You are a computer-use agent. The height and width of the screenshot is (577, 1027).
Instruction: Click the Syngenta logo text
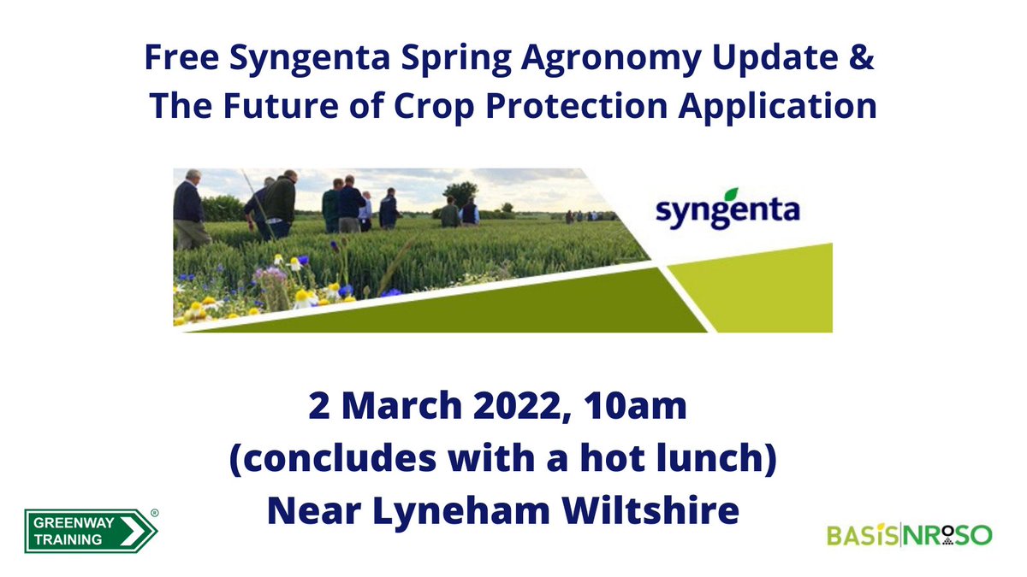(x=727, y=210)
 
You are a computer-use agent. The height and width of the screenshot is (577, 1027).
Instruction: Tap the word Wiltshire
(x=650, y=511)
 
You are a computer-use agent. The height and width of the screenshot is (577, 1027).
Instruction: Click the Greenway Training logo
(x=90, y=530)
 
